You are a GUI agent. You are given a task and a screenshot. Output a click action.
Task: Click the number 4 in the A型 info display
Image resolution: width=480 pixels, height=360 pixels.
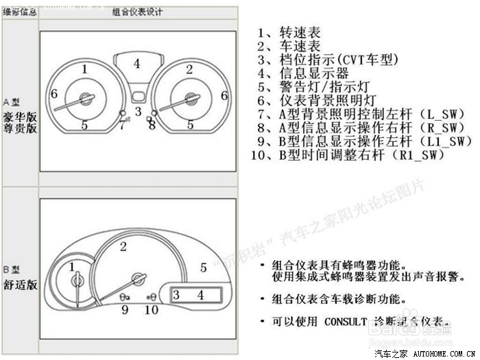137,63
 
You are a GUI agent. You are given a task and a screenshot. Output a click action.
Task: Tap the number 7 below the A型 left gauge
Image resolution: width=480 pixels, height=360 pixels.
122,125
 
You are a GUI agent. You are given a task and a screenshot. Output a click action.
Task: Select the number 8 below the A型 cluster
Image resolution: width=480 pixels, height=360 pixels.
152,125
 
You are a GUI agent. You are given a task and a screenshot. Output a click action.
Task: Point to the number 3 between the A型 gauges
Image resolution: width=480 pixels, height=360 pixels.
138,111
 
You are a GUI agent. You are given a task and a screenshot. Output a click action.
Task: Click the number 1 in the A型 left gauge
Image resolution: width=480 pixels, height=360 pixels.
84,69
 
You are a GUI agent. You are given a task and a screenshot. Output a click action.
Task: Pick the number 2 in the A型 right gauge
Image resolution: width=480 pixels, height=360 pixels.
189,69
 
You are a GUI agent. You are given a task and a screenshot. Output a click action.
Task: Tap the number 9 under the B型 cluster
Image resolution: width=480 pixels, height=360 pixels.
125,310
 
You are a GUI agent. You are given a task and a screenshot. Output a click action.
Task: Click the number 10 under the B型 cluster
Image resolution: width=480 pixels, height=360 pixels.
152,310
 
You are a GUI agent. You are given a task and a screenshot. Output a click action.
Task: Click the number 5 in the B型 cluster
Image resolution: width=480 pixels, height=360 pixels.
203,267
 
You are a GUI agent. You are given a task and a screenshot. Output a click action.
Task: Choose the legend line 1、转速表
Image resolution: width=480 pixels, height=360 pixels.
289,33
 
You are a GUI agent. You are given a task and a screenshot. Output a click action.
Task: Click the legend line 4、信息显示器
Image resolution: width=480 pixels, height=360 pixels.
303,73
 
